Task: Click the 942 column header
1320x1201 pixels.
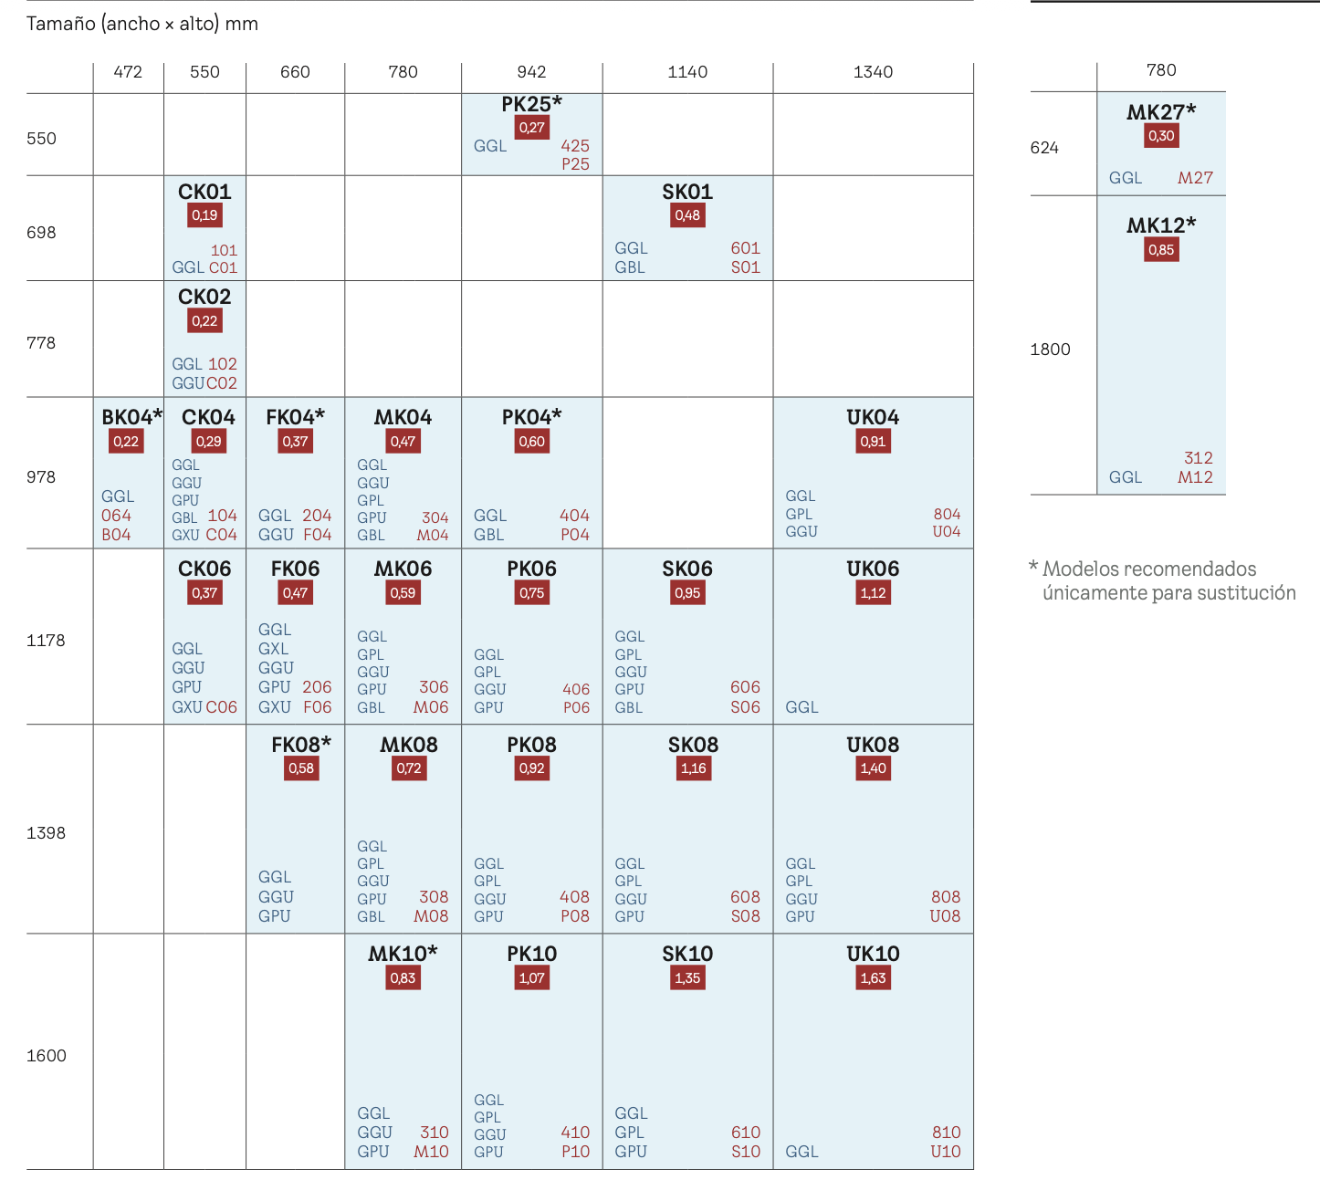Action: (x=531, y=72)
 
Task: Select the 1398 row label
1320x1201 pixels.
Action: (x=46, y=832)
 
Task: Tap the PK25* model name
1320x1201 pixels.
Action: (x=531, y=104)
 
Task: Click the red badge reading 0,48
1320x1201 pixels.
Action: (x=687, y=215)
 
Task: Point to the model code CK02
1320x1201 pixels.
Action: (x=204, y=297)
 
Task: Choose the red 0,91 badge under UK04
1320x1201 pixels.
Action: (x=873, y=442)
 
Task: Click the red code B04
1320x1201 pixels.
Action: (x=116, y=535)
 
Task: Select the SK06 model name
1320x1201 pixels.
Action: (x=687, y=569)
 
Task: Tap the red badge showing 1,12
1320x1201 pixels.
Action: (x=873, y=593)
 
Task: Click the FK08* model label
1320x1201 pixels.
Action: (x=301, y=745)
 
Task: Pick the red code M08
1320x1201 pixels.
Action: (x=431, y=916)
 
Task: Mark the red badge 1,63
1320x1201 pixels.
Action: (x=873, y=978)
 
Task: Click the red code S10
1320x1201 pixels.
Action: (x=745, y=1152)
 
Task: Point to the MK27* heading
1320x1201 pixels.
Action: (x=1161, y=112)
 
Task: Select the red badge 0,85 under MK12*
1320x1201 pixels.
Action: (x=1161, y=250)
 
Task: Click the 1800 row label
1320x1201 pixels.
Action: (x=1050, y=350)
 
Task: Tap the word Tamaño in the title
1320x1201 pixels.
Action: (x=60, y=24)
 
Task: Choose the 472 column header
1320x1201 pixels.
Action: (x=128, y=72)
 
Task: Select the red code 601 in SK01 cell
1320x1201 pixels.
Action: (x=745, y=248)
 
